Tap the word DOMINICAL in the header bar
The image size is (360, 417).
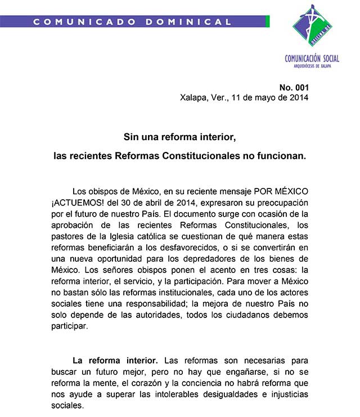coord(188,22)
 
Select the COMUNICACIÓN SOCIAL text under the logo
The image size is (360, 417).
coord(312,59)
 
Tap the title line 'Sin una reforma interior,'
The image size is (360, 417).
coord(179,137)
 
